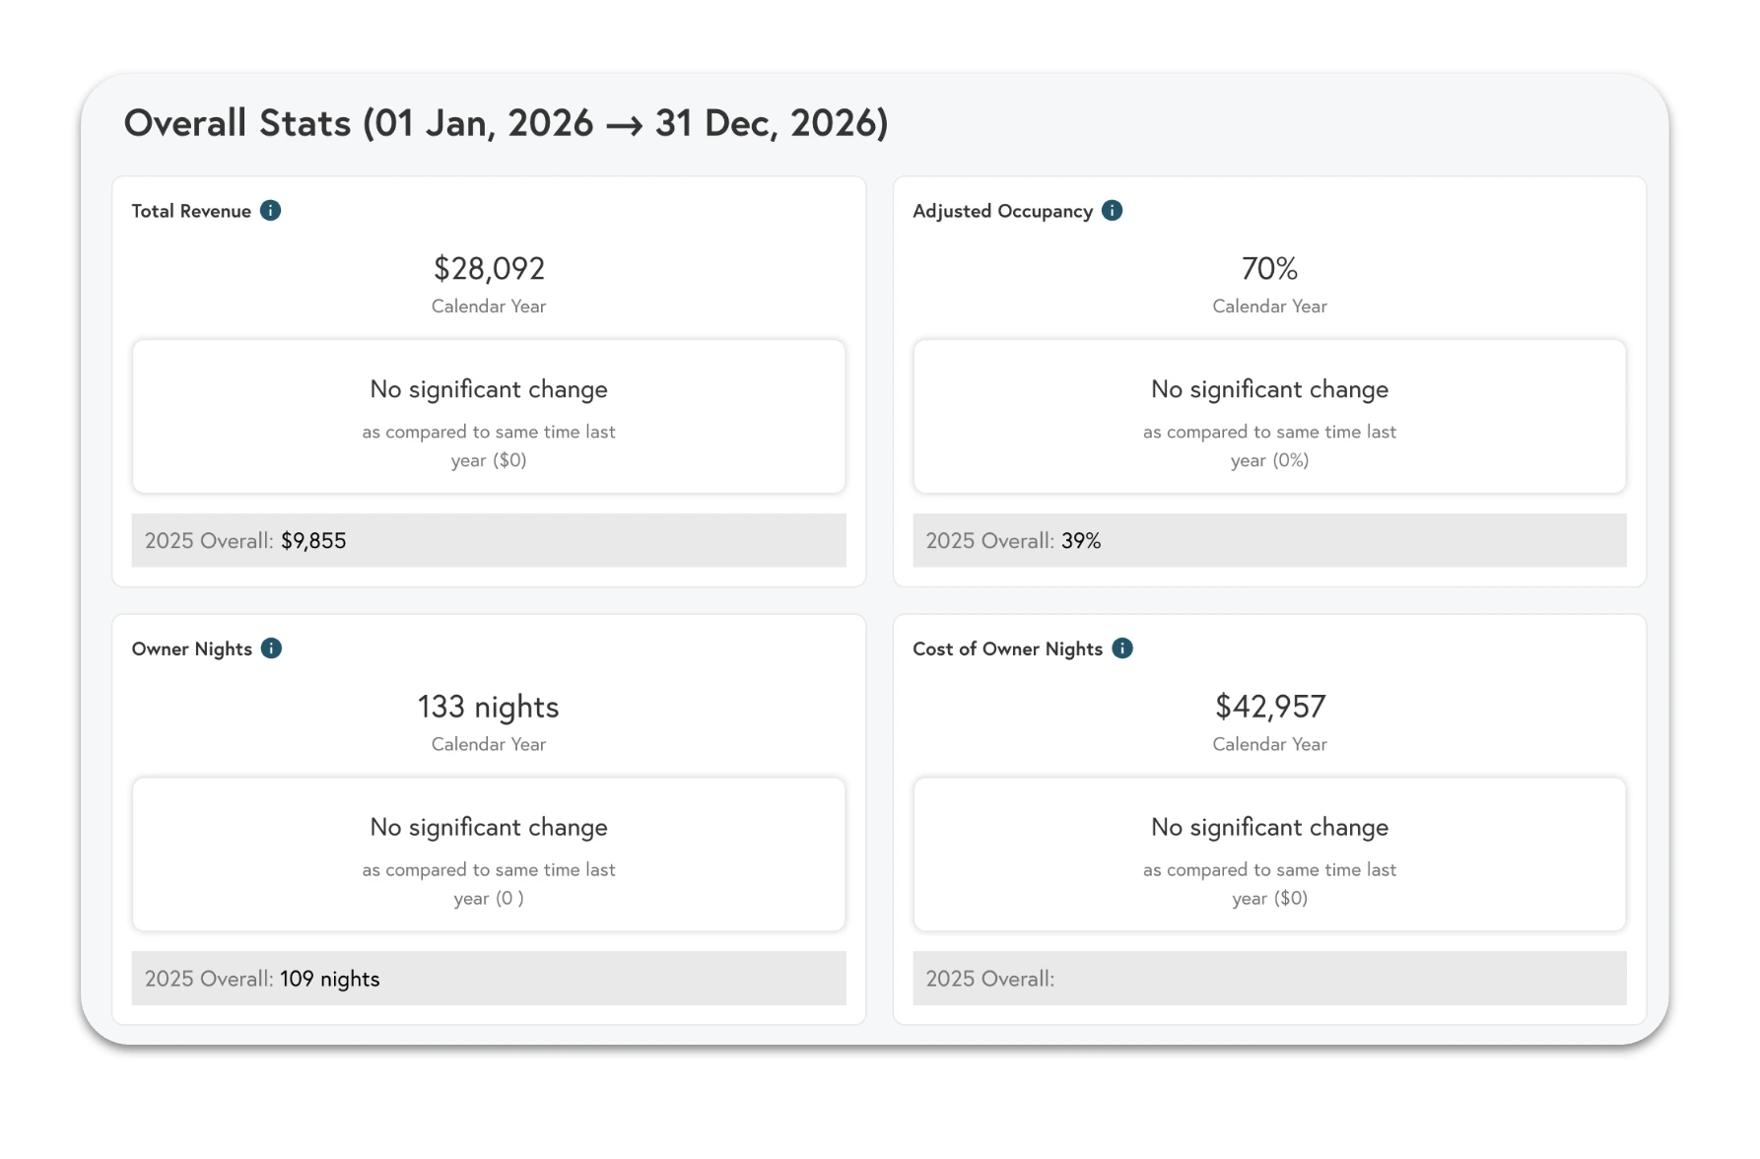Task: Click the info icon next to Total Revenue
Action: [x=270, y=211]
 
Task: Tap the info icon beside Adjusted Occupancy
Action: [x=1112, y=211]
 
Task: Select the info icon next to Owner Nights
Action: [x=271, y=648]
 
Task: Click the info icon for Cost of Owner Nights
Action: [x=1121, y=648]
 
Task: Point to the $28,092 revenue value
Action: [x=489, y=269]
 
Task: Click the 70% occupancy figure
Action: [x=1269, y=269]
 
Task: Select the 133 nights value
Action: [x=489, y=707]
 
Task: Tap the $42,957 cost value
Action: [x=1269, y=707]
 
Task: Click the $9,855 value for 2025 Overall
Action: [x=313, y=541]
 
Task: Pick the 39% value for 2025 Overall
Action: [x=1081, y=541]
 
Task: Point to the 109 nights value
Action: [x=330, y=979]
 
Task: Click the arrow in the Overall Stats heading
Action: [x=624, y=126]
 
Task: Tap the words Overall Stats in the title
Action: [x=237, y=124]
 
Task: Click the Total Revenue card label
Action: [x=191, y=212]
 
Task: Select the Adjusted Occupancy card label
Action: [x=1002, y=212]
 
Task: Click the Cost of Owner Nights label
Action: [x=1007, y=649]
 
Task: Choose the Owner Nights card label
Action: [x=192, y=649]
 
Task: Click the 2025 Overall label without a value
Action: [x=989, y=979]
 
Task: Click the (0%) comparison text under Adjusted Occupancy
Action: [x=1290, y=461]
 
